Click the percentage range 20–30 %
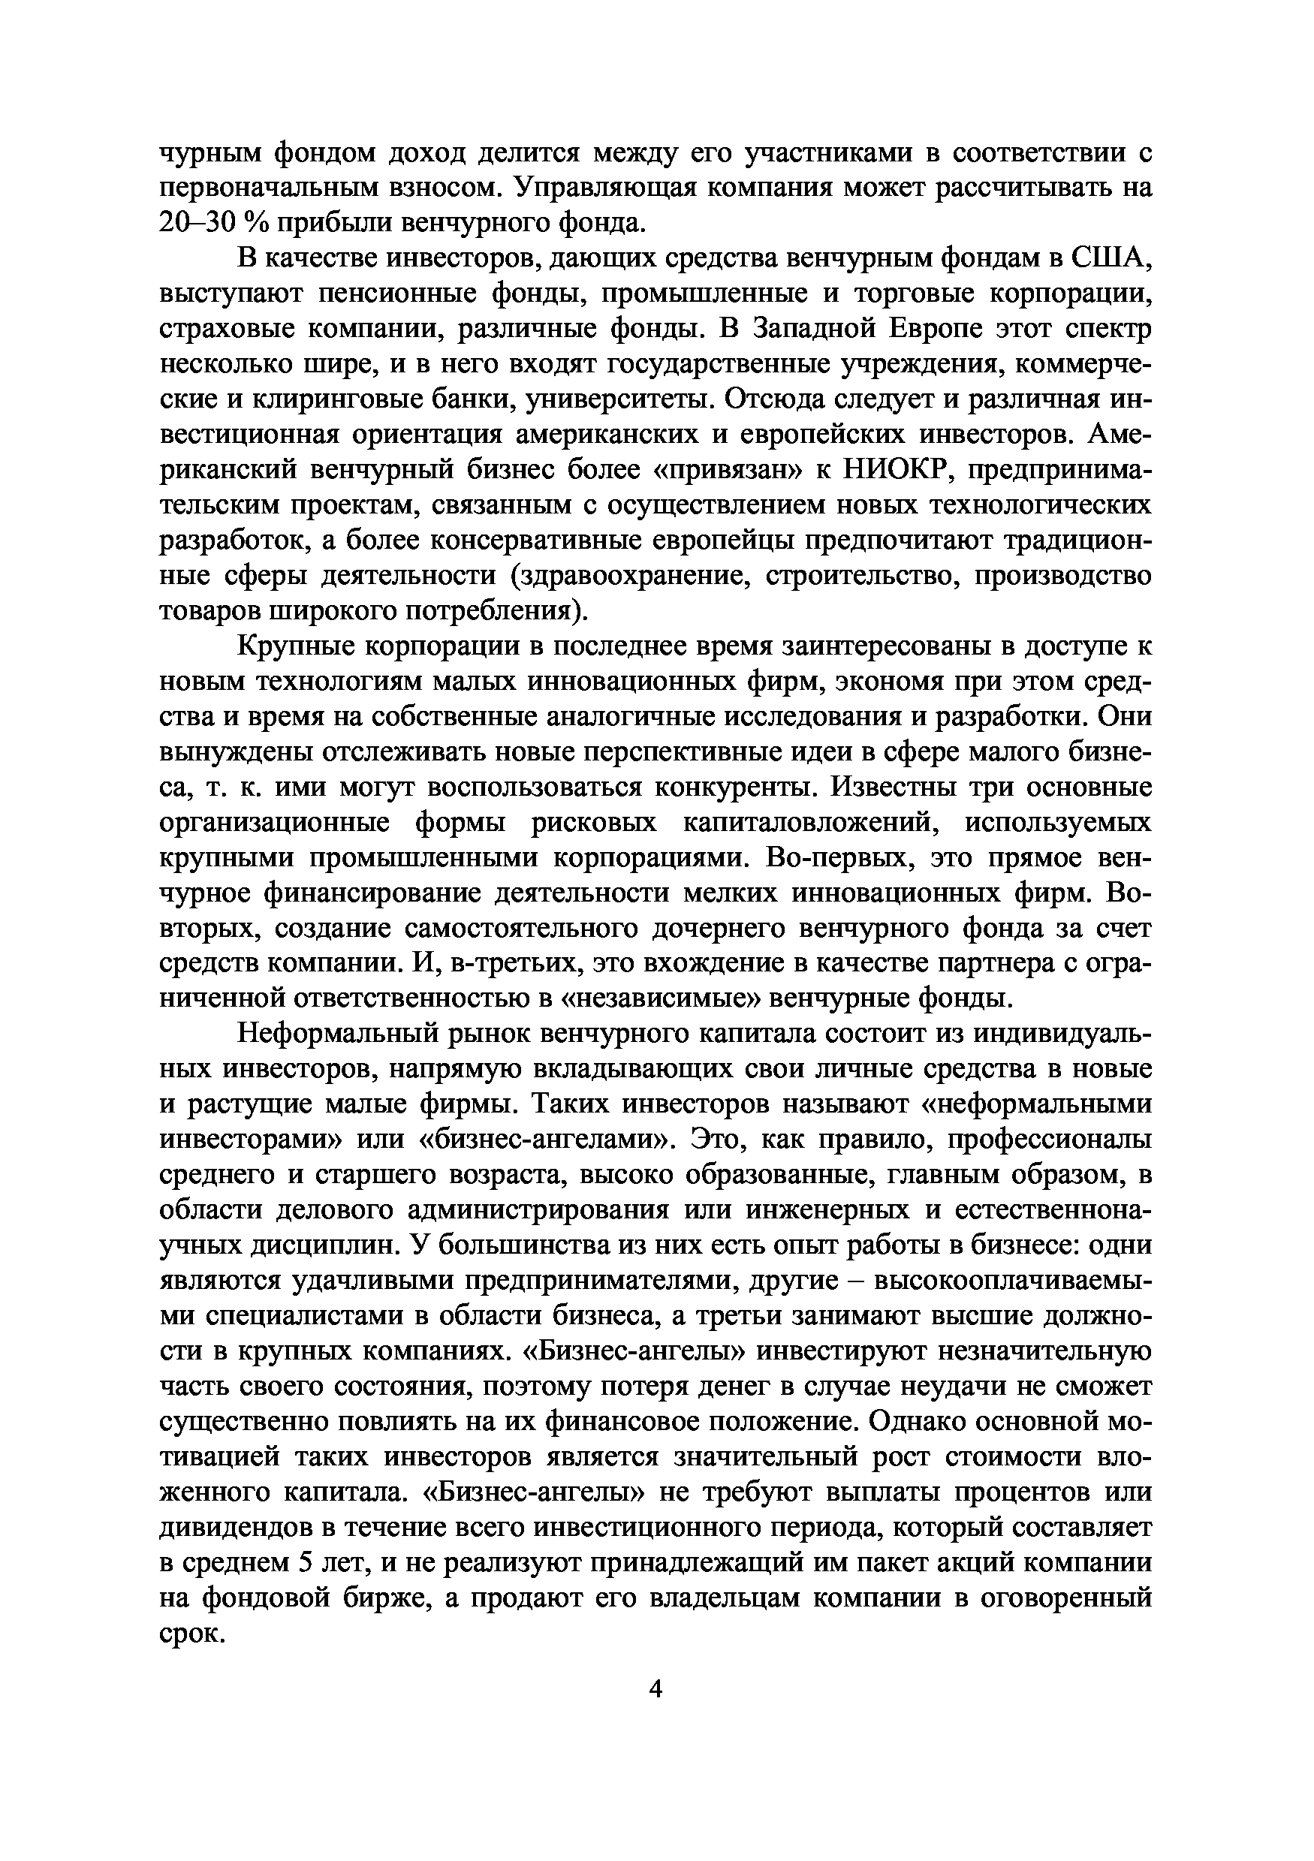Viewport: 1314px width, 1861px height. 206,222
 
